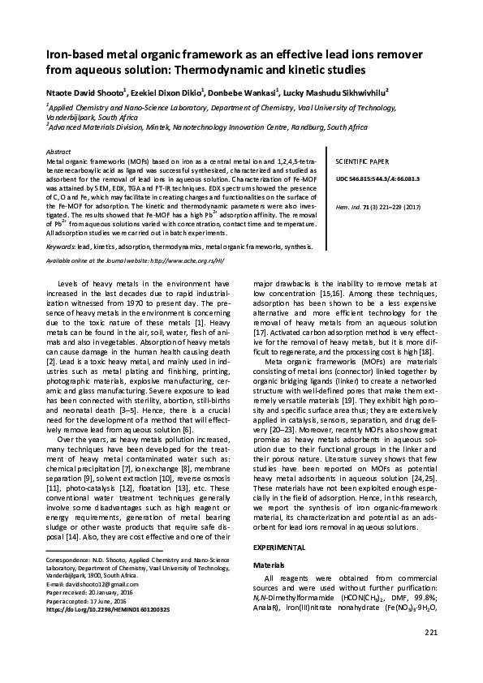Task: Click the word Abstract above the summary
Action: click(x=59, y=152)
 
